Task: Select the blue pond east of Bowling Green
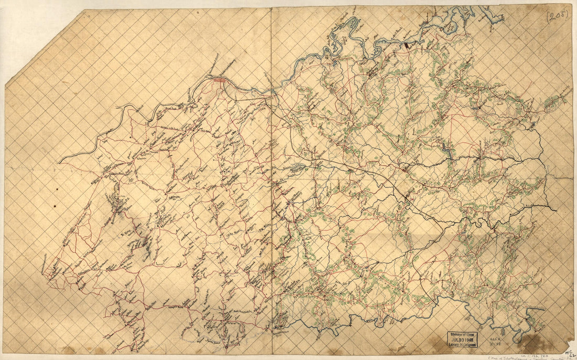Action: coord(446,150)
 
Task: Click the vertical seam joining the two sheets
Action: coord(271,178)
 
